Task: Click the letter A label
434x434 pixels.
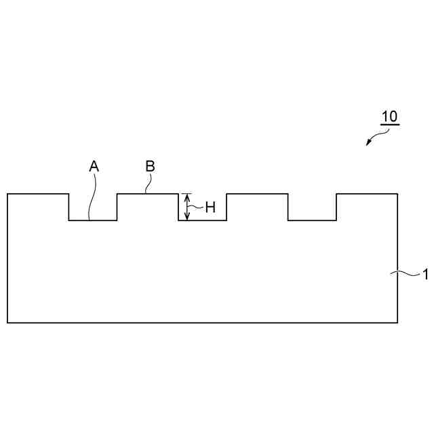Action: [x=94, y=165]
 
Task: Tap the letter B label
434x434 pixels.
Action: [x=151, y=165]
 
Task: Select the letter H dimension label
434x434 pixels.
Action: [x=210, y=208]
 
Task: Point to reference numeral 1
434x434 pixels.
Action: [x=425, y=275]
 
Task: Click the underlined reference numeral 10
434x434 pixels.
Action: [x=389, y=117]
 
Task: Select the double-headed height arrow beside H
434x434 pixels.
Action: [x=188, y=207]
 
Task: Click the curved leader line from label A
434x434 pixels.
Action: [x=92, y=197]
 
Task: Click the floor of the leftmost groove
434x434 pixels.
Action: [x=93, y=220]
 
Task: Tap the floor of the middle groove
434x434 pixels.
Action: [x=202, y=220]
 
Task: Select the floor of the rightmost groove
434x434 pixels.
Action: [x=312, y=220]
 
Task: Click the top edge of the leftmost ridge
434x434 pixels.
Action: [x=38, y=194]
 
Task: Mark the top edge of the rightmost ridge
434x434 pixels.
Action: [x=367, y=194]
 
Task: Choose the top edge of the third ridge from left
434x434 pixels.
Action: [x=257, y=194]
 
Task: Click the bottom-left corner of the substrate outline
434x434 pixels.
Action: [x=7, y=323]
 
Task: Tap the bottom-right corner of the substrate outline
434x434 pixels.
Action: [x=397, y=323]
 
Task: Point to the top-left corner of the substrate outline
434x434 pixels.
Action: [x=7, y=194]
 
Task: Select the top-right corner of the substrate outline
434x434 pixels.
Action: [x=397, y=194]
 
